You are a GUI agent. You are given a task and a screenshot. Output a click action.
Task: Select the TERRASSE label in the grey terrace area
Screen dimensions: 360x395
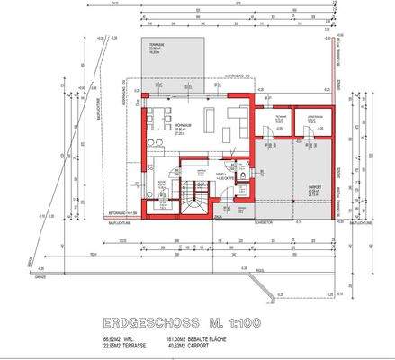coord(156,50)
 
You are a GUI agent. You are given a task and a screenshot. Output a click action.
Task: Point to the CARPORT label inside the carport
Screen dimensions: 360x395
coord(314,189)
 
